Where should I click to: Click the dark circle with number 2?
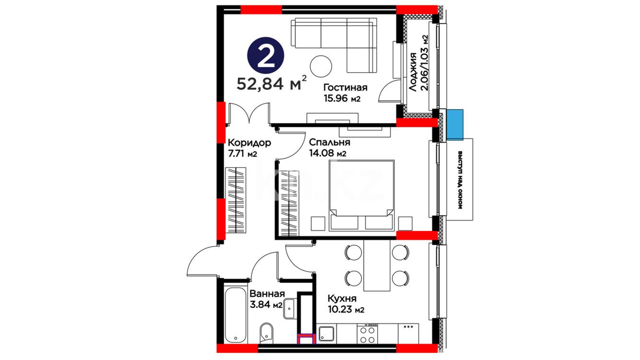tap(266, 55)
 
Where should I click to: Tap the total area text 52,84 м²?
tap(272, 83)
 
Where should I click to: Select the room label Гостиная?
tap(345, 88)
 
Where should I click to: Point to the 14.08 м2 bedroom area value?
tap(327, 153)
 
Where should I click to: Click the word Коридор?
tap(249, 143)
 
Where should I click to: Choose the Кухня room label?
tap(342, 298)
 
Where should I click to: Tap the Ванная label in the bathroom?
tap(267, 294)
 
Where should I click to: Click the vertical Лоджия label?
tap(413, 72)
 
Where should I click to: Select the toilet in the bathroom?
tap(266, 332)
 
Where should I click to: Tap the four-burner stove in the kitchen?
tap(367, 333)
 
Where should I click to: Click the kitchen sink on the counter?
tap(326, 334)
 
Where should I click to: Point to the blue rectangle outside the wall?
tap(455, 124)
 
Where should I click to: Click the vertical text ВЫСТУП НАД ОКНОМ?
tap(460, 180)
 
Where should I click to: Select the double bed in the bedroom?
tap(361, 195)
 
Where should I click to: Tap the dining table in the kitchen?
tap(377, 265)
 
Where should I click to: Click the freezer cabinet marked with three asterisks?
tap(408, 333)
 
